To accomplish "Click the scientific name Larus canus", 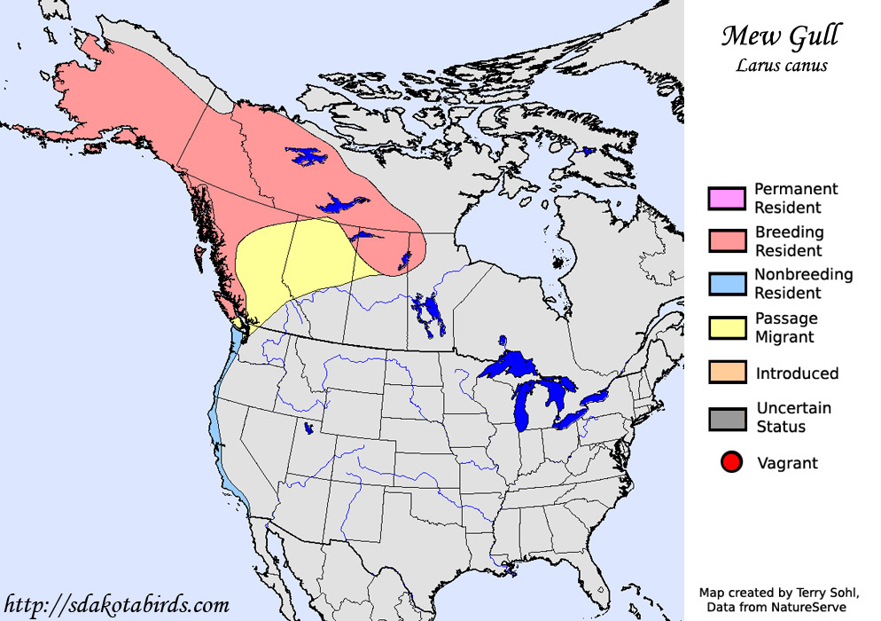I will [x=781, y=65].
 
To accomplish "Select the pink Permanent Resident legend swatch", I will [x=726, y=199].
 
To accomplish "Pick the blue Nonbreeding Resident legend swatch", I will [x=726, y=284].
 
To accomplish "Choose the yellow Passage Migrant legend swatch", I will [x=726, y=327].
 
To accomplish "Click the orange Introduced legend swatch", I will [x=726, y=373].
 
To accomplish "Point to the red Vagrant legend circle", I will [x=731, y=462].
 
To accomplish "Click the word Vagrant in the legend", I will [x=787, y=462].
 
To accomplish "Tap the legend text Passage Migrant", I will [x=785, y=327].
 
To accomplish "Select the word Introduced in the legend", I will [x=797, y=373].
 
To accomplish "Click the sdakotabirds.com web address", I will [x=116, y=605].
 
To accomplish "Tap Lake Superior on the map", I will [x=514, y=365].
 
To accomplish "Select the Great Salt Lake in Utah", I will [x=308, y=428].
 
